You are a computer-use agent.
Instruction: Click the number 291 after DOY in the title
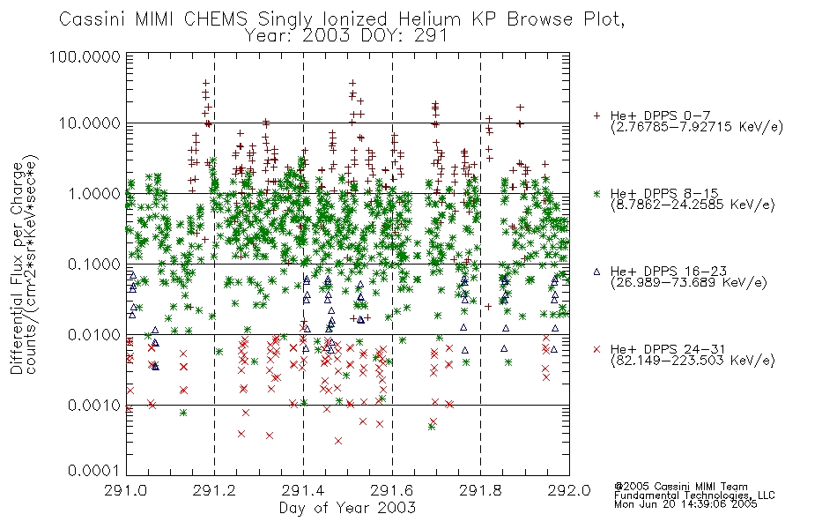tap(431, 35)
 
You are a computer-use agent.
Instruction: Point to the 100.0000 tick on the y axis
tap(85, 56)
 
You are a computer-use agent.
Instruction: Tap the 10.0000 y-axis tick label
tap(90, 123)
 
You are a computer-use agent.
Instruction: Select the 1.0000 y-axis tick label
tap(94, 193)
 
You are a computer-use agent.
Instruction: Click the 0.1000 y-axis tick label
tap(94, 264)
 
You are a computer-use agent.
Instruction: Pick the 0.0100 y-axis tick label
tap(94, 334)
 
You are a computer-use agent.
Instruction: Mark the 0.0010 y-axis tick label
tap(94, 405)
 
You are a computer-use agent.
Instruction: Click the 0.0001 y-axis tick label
tap(94, 470)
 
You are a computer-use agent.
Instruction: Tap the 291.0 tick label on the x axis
tap(126, 490)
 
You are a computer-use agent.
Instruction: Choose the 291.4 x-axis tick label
tap(303, 490)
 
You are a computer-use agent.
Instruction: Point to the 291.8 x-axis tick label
tap(480, 490)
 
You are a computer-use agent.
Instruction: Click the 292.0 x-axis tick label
tap(569, 490)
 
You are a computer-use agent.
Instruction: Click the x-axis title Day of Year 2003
tap(347, 508)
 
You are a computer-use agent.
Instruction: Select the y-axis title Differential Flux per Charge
tap(17, 268)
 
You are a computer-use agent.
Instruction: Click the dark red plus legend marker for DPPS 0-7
tap(597, 115)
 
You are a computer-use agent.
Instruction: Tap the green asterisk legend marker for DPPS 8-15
tap(597, 193)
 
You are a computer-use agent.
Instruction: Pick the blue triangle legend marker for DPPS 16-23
tap(597, 272)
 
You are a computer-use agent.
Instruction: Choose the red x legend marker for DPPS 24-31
tap(597, 349)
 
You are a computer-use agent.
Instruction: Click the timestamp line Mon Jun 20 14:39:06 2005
tap(686, 504)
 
